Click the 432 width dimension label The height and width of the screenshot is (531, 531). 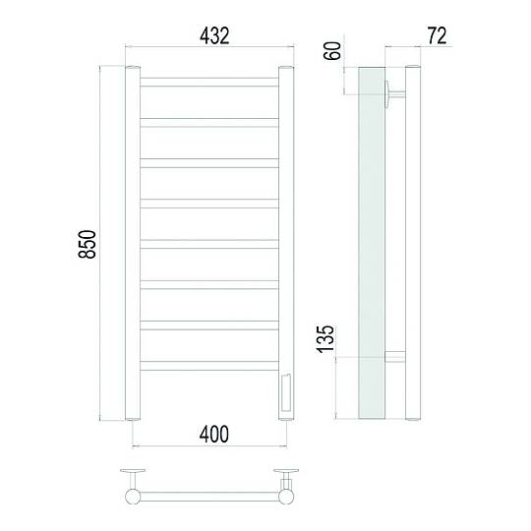(x=214, y=36)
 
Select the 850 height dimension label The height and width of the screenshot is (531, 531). (x=88, y=244)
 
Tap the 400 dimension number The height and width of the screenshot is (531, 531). (x=214, y=435)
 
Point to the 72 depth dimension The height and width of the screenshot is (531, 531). (x=437, y=36)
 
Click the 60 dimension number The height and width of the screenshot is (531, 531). (x=332, y=51)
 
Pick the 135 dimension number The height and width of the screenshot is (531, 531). (x=325, y=339)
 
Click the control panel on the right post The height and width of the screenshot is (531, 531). (x=286, y=392)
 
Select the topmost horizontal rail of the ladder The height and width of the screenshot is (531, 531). (x=209, y=82)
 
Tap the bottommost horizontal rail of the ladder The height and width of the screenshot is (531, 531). (x=209, y=366)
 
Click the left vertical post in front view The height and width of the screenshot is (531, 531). (x=133, y=243)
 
